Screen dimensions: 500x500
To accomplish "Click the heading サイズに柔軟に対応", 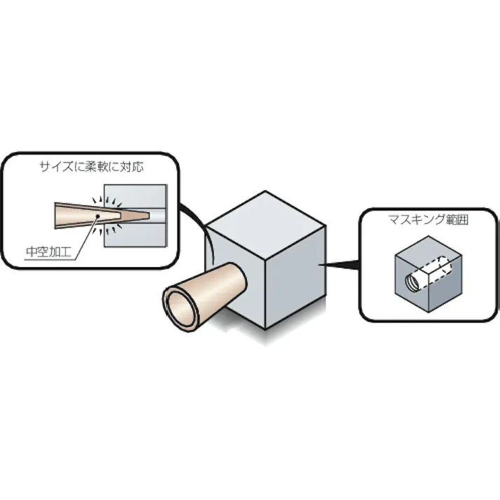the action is tap(92, 167).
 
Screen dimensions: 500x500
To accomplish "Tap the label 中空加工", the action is tap(48, 252).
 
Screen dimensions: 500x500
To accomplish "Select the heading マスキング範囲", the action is tap(428, 219).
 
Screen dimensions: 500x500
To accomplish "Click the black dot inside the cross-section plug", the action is tap(98, 216).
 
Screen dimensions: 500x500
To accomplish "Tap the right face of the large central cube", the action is tap(296, 277).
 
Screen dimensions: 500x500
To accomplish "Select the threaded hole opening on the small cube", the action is tap(412, 283).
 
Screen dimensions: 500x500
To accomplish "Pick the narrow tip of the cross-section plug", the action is tap(149, 216).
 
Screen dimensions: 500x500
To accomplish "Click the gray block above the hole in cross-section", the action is tap(135, 197).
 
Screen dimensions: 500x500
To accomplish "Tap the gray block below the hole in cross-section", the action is tap(135, 235).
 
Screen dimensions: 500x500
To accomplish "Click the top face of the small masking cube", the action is tap(428, 250).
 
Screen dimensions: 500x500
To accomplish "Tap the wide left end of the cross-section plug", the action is tap(55, 215).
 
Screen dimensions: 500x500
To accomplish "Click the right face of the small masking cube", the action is tap(445, 283).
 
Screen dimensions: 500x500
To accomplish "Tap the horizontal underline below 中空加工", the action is tap(50, 259).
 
